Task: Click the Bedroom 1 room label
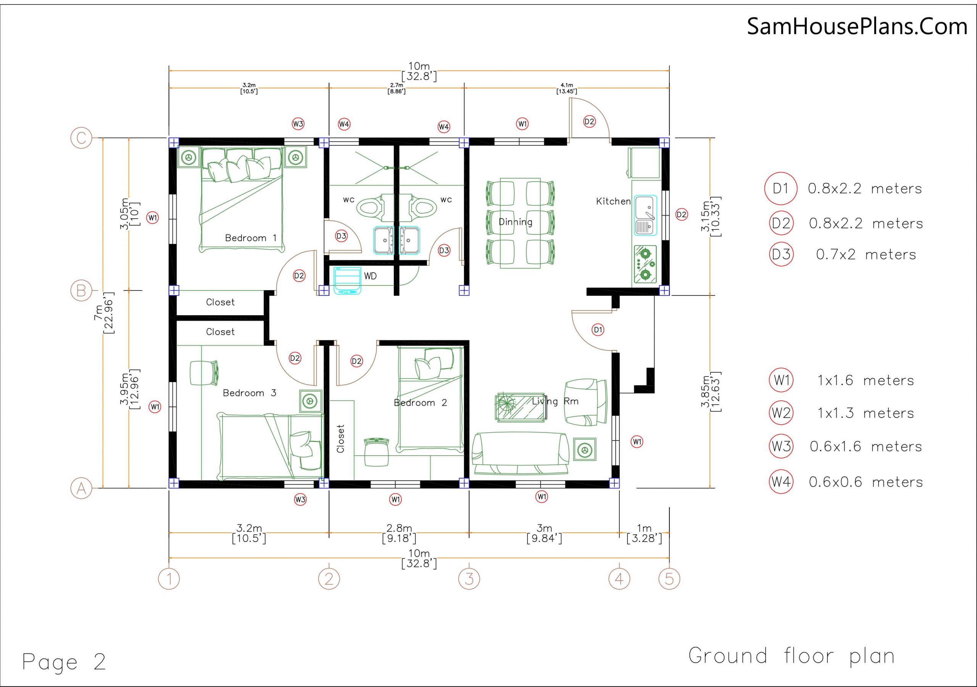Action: tap(251, 238)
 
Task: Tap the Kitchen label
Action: tap(613, 202)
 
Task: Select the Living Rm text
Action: tap(555, 402)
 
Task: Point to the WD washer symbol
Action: tap(347, 281)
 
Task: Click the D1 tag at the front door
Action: tap(598, 329)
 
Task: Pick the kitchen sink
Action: tap(645, 215)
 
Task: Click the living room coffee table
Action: tap(521, 407)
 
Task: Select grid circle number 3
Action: tap(469, 579)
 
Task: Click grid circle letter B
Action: tap(81, 291)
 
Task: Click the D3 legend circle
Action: tap(781, 254)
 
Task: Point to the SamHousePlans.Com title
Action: tap(857, 26)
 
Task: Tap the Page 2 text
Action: tap(64, 661)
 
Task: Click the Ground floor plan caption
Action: tap(792, 656)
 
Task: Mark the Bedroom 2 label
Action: tap(421, 403)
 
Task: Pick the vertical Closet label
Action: tap(340, 439)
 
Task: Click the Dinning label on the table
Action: tap(515, 222)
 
